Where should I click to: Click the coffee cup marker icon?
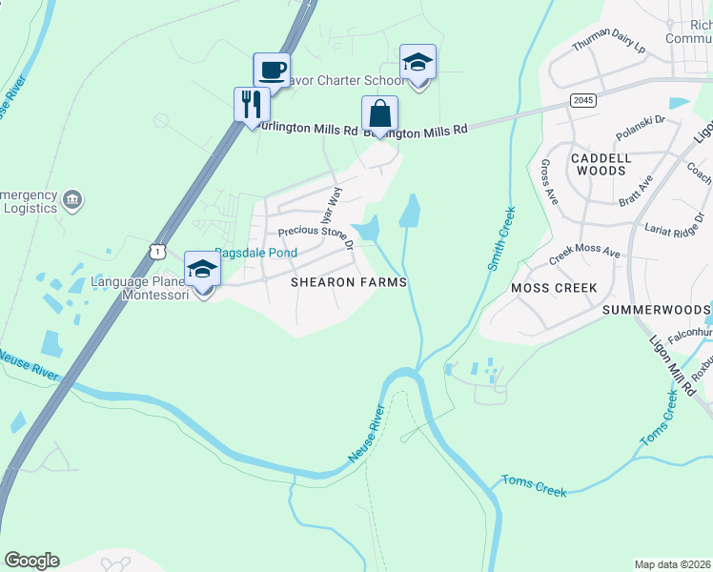pyautogui.click(x=272, y=70)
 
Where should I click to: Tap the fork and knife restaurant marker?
pyautogui.click(x=251, y=104)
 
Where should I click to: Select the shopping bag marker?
pyautogui.click(x=379, y=113)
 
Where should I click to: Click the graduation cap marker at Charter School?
pyautogui.click(x=418, y=62)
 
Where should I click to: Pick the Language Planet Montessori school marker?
pyautogui.click(x=202, y=270)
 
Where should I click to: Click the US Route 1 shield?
pyautogui.click(x=158, y=250)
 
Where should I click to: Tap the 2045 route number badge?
pyautogui.click(x=583, y=100)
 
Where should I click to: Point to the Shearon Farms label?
pyautogui.click(x=349, y=282)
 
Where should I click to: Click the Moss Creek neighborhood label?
pyautogui.click(x=554, y=287)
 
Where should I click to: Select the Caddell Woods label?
pyautogui.click(x=599, y=163)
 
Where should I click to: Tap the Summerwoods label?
pyautogui.click(x=656, y=311)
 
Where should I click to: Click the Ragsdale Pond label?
pyautogui.click(x=255, y=253)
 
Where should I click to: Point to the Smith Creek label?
pyautogui.click(x=502, y=238)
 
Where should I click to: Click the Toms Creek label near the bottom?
pyautogui.click(x=535, y=487)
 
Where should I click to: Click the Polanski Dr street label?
pyautogui.click(x=640, y=124)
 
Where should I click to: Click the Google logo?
pyautogui.click(x=31, y=561)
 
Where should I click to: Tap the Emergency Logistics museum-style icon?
pyautogui.click(x=72, y=199)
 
